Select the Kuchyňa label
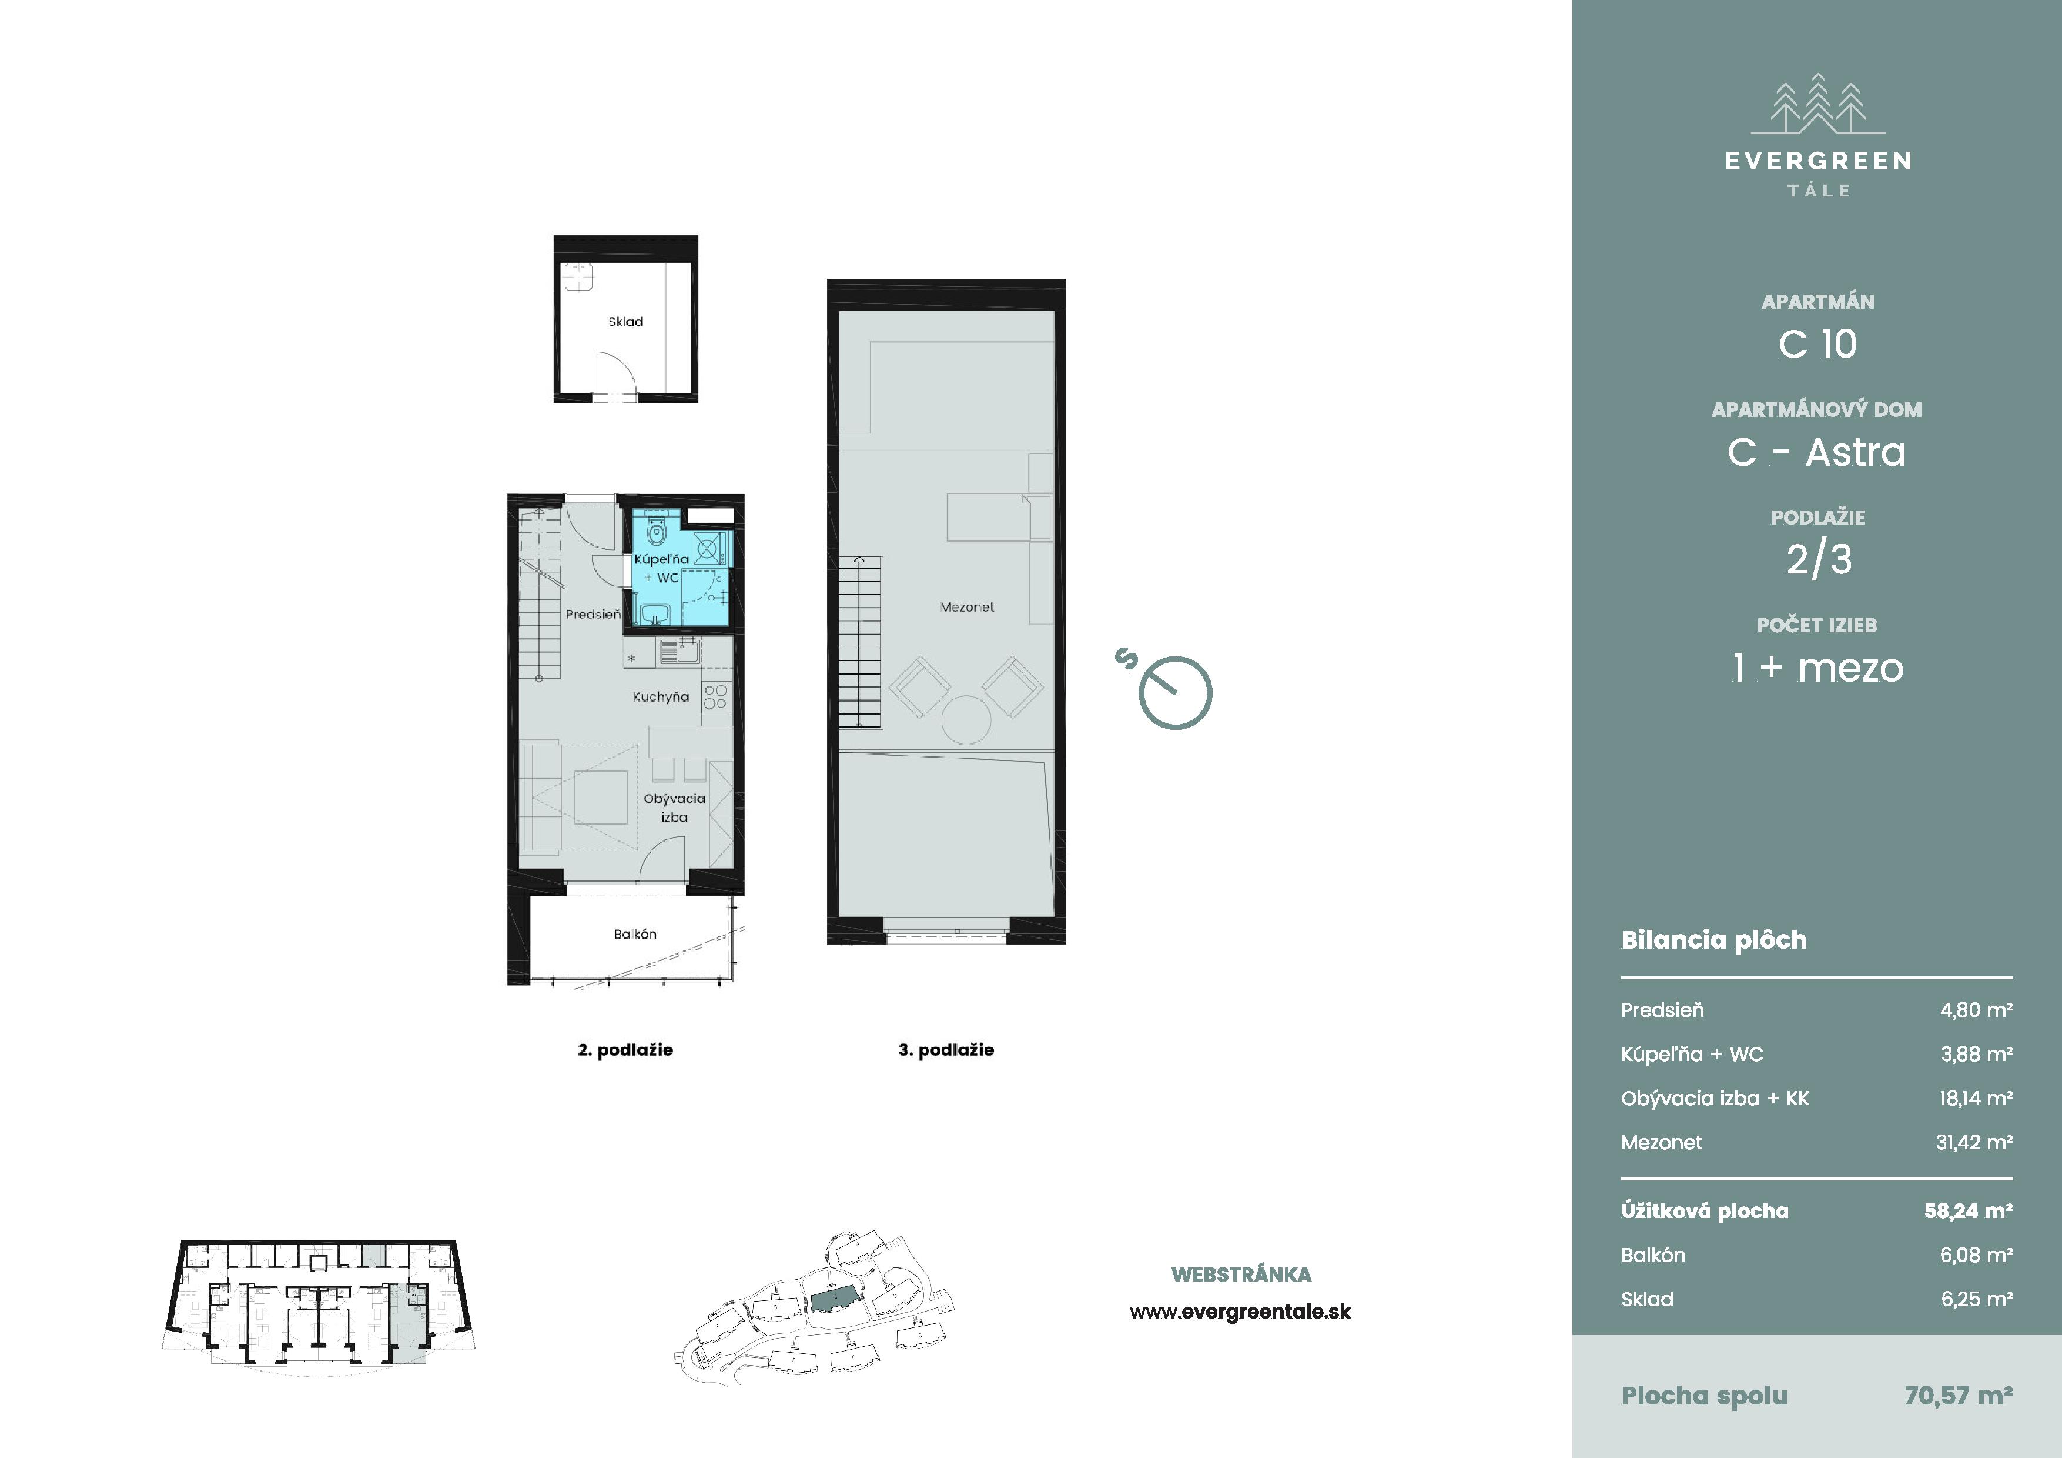661,697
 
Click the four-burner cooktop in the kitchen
716,697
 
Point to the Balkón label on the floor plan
635,935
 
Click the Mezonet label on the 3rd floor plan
968,608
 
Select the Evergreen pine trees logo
1817,104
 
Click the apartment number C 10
1817,344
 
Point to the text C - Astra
1817,452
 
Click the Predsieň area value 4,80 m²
1976,1010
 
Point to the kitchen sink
680,650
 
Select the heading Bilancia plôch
1713,940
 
